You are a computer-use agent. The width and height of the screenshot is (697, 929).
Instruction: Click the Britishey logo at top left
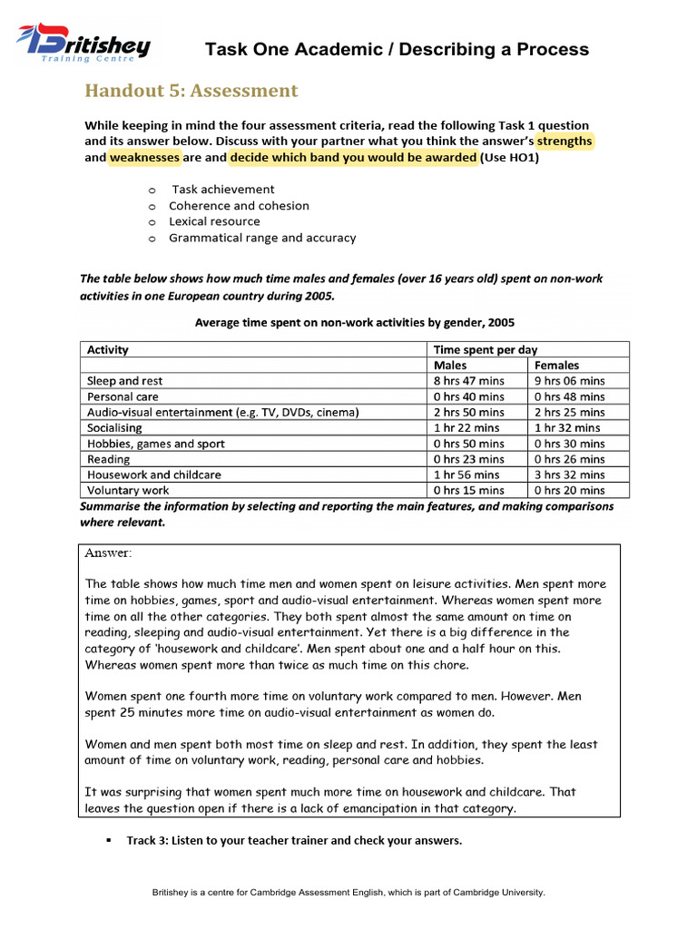pos(83,44)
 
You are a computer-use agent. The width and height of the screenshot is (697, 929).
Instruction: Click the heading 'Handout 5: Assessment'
pos(191,91)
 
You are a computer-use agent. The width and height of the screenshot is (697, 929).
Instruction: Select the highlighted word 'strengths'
pos(564,142)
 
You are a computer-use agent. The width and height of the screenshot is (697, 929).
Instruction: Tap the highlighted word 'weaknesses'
pos(144,158)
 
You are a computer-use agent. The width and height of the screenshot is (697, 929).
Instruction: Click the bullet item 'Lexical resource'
pos(214,221)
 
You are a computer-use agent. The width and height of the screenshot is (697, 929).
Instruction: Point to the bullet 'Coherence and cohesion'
pos(239,206)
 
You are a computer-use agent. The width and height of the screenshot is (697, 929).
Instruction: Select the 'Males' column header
pos(451,366)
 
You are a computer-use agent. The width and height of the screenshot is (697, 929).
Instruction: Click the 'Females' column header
pos(557,366)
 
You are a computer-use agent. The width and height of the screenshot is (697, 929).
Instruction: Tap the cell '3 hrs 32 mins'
pos(569,474)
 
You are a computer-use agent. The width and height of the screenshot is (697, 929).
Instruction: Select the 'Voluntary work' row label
pos(128,490)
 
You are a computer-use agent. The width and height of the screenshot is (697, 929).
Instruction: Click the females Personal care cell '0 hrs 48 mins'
pos(569,396)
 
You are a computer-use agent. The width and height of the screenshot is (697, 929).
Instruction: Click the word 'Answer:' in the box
pos(108,553)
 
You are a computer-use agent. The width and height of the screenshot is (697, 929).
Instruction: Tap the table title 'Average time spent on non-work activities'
pos(354,322)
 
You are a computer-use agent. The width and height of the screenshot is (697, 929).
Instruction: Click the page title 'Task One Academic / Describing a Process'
pos(397,50)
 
